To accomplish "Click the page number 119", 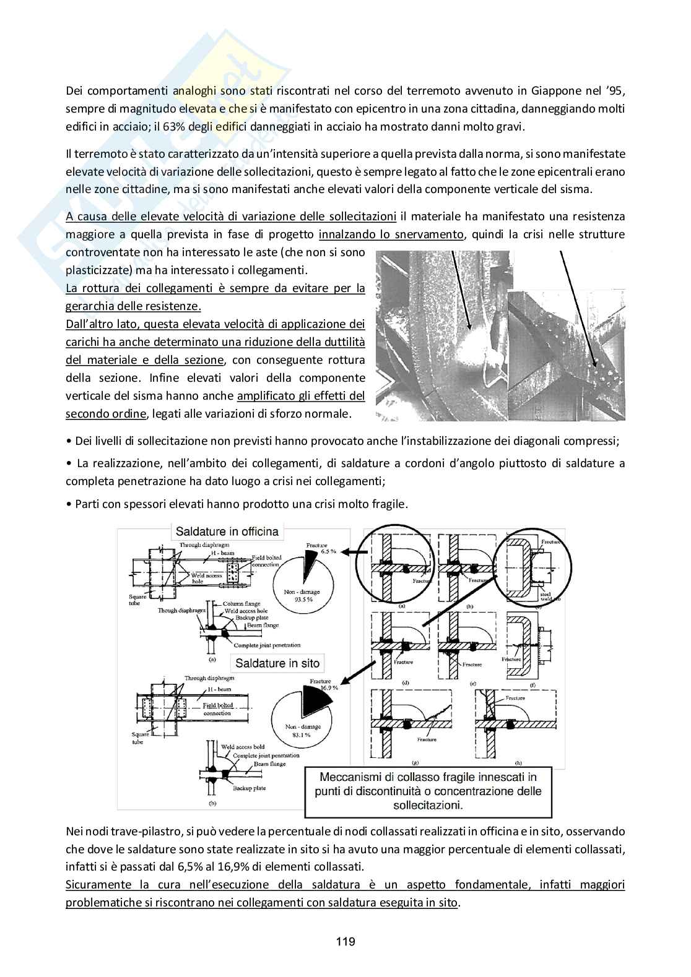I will tap(345, 942).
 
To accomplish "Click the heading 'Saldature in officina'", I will tap(227, 531).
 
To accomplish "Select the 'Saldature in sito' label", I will tap(277, 663).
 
